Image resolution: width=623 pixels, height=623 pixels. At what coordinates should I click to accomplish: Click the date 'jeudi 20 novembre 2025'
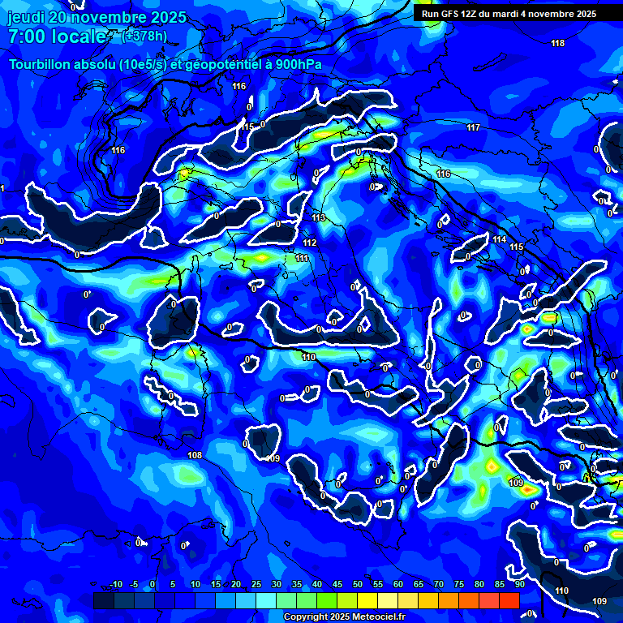[97, 18]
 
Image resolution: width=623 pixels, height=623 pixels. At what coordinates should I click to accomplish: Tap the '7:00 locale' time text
[57, 37]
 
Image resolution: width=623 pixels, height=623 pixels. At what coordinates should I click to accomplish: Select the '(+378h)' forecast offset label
[144, 36]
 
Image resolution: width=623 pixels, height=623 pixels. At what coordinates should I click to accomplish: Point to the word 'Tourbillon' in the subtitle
[43, 65]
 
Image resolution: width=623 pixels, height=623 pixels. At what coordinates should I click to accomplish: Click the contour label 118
[557, 43]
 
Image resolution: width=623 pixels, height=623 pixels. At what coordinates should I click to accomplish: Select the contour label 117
[474, 128]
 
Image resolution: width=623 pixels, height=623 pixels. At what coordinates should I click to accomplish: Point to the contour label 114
[499, 239]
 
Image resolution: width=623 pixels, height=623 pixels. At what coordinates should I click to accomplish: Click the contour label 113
[318, 218]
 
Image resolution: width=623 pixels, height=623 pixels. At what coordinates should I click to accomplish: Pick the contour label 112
[309, 243]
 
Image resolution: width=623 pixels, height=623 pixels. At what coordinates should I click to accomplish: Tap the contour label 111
[302, 258]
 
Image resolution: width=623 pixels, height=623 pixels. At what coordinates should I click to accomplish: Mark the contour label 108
[195, 456]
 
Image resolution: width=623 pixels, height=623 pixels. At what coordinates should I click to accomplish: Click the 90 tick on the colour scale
[519, 585]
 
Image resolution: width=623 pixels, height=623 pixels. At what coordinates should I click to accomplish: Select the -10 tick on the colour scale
[115, 585]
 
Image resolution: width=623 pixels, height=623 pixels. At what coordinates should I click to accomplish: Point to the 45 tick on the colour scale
[337, 585]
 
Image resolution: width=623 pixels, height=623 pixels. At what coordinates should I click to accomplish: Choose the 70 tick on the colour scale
[438, 585]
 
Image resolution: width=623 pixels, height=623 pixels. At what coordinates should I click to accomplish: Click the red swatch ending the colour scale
[509, 600]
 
